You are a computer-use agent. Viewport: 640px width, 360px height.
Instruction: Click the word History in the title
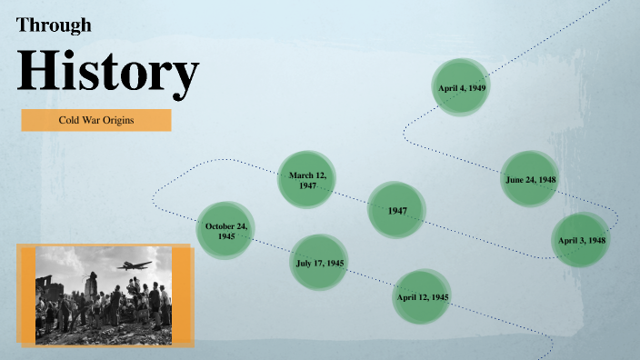click(107, 71)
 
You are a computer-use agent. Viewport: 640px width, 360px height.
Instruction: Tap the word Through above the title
click(54, 25)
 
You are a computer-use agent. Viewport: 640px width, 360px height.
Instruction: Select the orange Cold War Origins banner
click(96, 120)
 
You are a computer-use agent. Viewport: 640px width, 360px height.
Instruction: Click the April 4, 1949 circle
click(462, 87)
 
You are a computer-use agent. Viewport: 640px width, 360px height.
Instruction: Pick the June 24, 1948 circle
click(531, 179)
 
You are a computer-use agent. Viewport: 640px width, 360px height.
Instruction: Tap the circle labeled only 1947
click(397, 211)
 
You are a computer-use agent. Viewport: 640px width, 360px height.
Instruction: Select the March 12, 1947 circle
click(307, 179)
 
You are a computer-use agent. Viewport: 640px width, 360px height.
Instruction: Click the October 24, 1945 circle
click(225, 230)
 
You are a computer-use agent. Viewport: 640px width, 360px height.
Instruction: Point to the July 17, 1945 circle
click(320, 263)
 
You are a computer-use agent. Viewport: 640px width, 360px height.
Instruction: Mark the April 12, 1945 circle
click(422, 296)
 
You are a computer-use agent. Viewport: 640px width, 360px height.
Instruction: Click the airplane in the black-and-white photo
click(134, 265)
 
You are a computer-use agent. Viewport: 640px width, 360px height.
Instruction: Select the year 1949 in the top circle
click(476, 87)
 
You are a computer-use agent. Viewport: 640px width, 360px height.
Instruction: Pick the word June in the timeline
click(515, 179)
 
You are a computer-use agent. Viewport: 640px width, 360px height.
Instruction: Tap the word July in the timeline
click(305, 263)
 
